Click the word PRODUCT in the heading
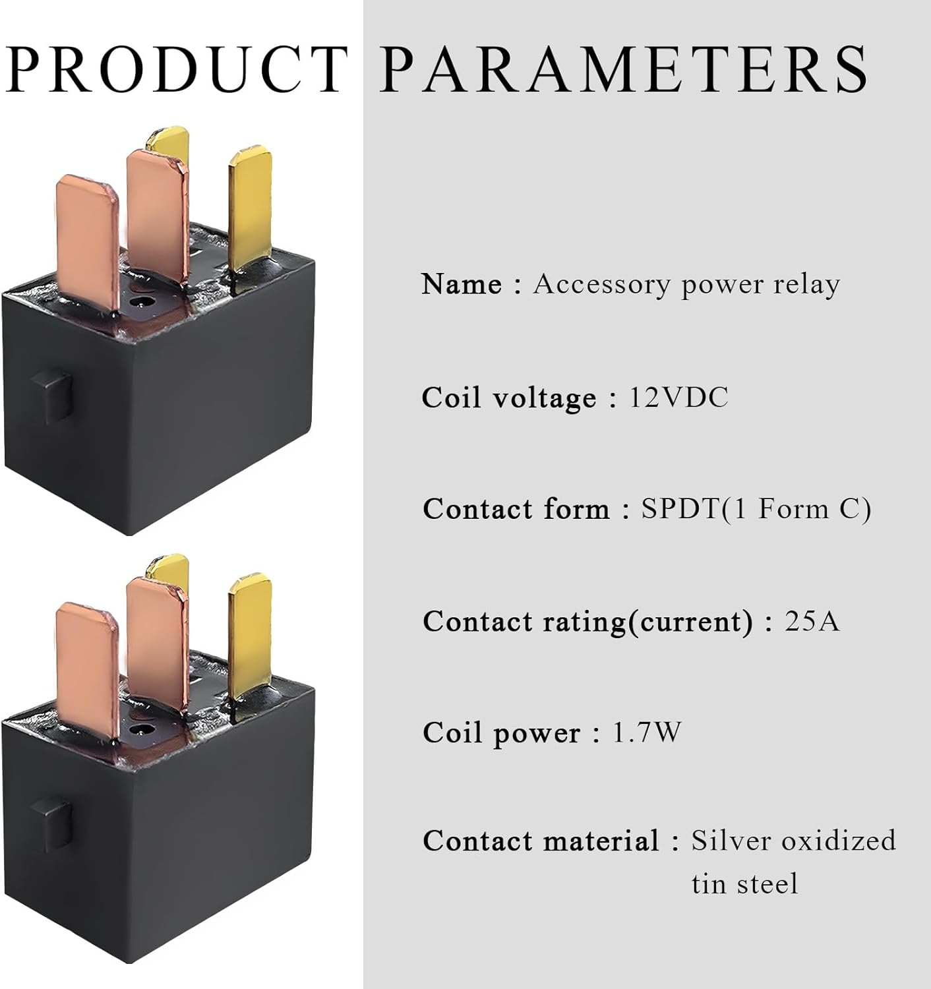pos(177,69)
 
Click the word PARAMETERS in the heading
pos(624,69)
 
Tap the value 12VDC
pos(678,398)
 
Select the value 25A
pos(812,621)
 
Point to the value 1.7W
pos(647,733)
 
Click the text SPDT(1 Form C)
pos(756,509)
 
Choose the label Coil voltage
pos(509,398)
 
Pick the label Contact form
pos(516,510)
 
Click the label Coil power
pos(502,733)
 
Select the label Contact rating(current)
pos(587,622)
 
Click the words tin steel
pos(744,884)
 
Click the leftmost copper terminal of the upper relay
pos(88,237)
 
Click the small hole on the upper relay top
pos(138,303)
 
